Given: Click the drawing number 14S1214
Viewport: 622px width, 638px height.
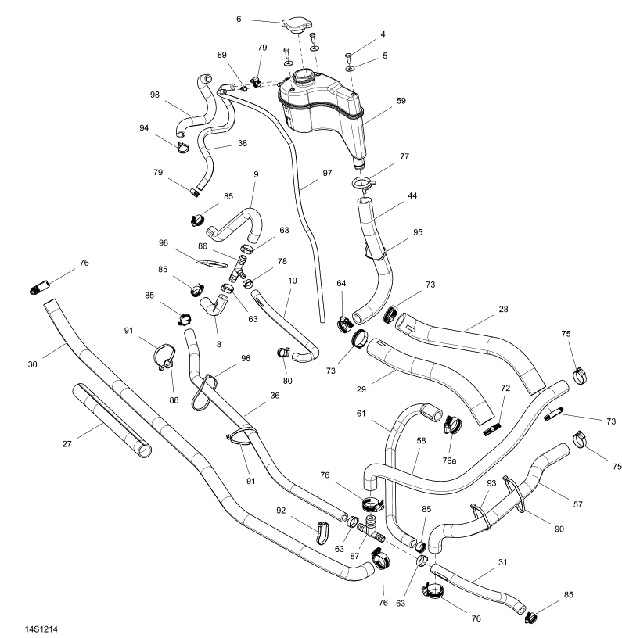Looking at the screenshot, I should (x=41, y=628).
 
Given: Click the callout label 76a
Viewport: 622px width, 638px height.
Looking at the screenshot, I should (x=448, y=461).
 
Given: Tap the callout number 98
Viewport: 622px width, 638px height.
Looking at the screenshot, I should (x=155, y=95).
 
